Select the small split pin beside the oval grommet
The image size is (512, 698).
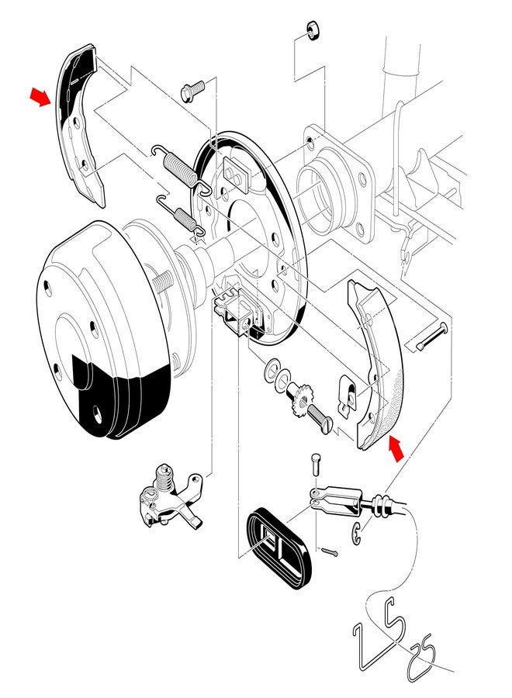click(330, 552)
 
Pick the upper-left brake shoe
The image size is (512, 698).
click(81, 124)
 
